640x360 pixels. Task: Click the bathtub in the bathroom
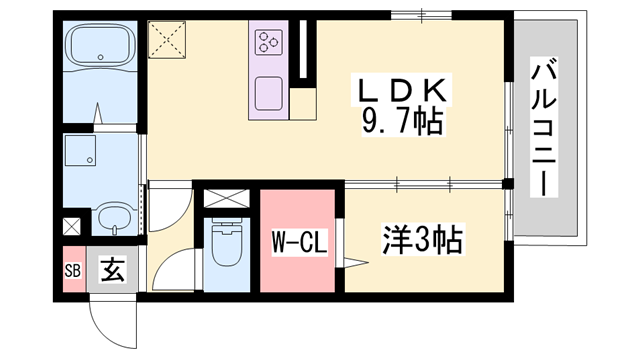point(99,48)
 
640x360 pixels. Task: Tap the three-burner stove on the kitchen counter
point(269,42)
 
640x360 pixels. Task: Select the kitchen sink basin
point(269,93)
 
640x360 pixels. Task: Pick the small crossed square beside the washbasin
point(71,226)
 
